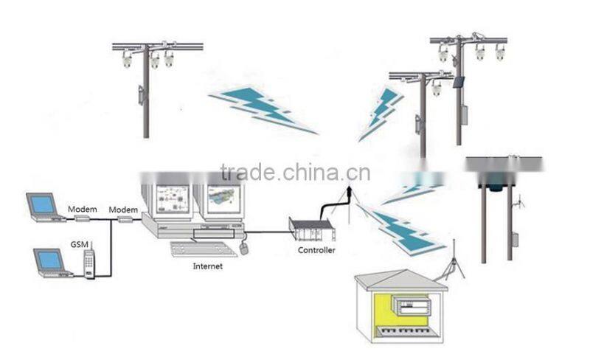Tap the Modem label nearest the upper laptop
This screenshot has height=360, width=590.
point(83,210)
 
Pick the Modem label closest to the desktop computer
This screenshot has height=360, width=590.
point(123,210)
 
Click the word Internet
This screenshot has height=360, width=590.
point(207,266)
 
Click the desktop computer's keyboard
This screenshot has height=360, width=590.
point(203,249)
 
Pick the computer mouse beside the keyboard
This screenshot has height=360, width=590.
point(244,249)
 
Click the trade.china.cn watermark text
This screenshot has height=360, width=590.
point(295,172)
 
